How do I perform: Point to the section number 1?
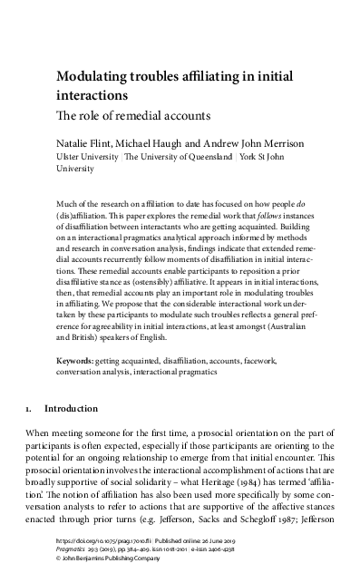(x=27, y=434)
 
